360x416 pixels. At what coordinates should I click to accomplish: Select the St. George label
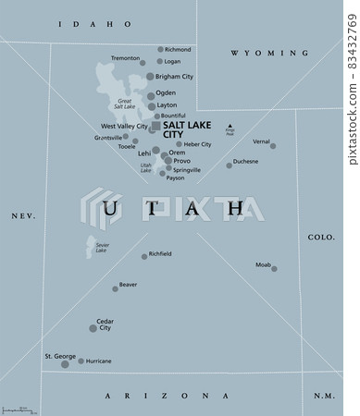point(59,355)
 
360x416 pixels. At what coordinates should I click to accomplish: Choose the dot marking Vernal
point(273,146)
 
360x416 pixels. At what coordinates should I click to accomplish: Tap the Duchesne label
point(245,161)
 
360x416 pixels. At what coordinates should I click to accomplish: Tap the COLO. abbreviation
point(321,238)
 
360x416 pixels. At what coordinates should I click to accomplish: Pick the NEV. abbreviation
point(22,214)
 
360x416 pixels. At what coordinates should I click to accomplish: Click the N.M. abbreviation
point(323,395)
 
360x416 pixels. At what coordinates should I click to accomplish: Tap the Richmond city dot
point(160,49)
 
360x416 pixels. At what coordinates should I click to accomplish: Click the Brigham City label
point(175,77)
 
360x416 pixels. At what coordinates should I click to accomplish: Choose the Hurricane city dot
point(81,361)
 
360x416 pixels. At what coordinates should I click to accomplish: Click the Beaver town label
point(128,284)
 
